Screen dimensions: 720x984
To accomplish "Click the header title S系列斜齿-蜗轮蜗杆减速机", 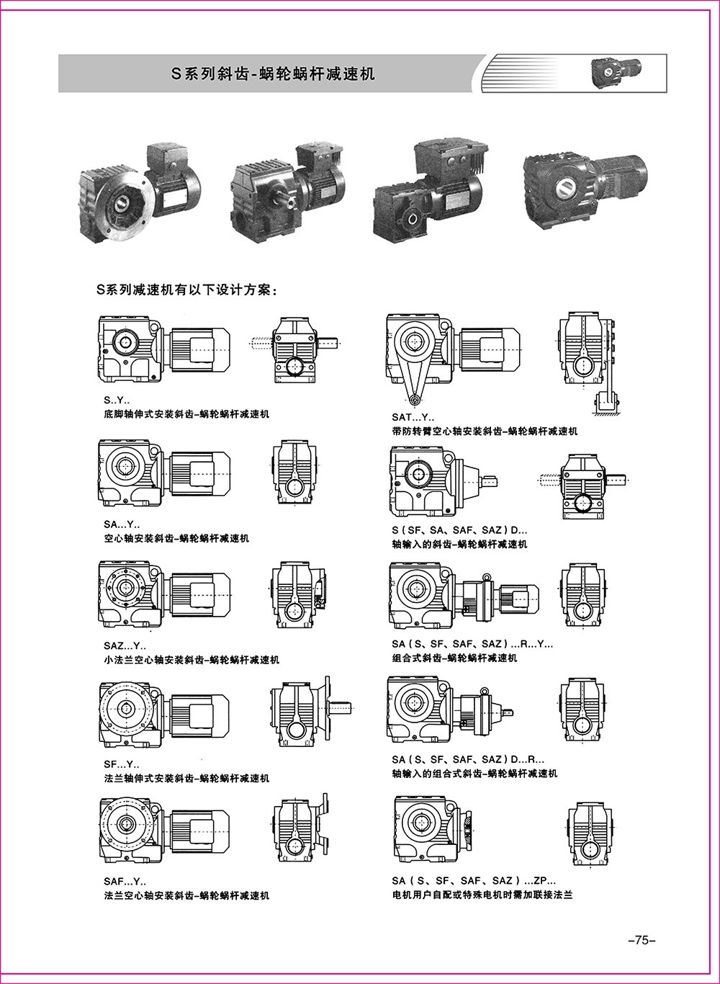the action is point(273,73).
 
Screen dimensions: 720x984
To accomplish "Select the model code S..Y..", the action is point(117,401).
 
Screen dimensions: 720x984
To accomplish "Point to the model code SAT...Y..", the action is point(413,417).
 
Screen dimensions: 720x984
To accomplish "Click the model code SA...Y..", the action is point(122,524).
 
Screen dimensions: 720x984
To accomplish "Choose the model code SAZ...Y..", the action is point(125,645).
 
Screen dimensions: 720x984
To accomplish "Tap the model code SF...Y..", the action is point(122,764).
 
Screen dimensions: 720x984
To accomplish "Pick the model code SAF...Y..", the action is point(125,881).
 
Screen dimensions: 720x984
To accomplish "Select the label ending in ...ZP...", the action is point(474,880).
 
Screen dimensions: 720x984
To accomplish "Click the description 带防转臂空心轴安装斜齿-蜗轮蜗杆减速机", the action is point(485,431).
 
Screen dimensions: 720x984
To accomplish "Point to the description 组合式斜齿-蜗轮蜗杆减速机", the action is point(454,658).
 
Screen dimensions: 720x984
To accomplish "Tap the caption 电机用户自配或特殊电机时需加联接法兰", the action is point(482,895).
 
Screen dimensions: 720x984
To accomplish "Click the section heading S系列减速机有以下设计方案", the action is point(186,290).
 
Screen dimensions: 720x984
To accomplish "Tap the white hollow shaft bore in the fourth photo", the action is point(564,188).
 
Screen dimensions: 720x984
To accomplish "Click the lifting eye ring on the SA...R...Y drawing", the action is point(487,576).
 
